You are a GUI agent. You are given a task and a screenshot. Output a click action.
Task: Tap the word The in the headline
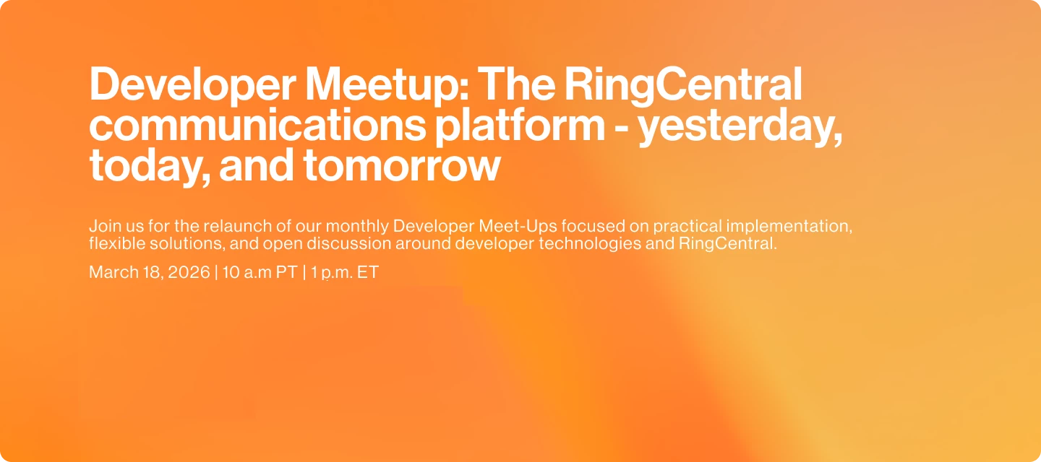pos(516,84)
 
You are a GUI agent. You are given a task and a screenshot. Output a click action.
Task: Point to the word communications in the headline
pos(257,124)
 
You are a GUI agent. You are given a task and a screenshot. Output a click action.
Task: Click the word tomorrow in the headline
pos(402,166)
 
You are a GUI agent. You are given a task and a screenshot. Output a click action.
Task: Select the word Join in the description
pos(101,226)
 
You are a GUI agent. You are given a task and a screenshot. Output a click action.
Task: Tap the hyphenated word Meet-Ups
pos(518,227)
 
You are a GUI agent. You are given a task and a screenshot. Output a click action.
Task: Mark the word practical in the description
pos(687,227)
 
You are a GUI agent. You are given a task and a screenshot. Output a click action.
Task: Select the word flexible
pos(117,243)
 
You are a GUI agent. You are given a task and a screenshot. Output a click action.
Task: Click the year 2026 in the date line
pos(189,272)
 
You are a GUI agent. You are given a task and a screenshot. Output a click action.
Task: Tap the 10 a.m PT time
pos(260,272)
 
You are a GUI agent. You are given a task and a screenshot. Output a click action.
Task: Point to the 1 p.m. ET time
pos(345,272)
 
